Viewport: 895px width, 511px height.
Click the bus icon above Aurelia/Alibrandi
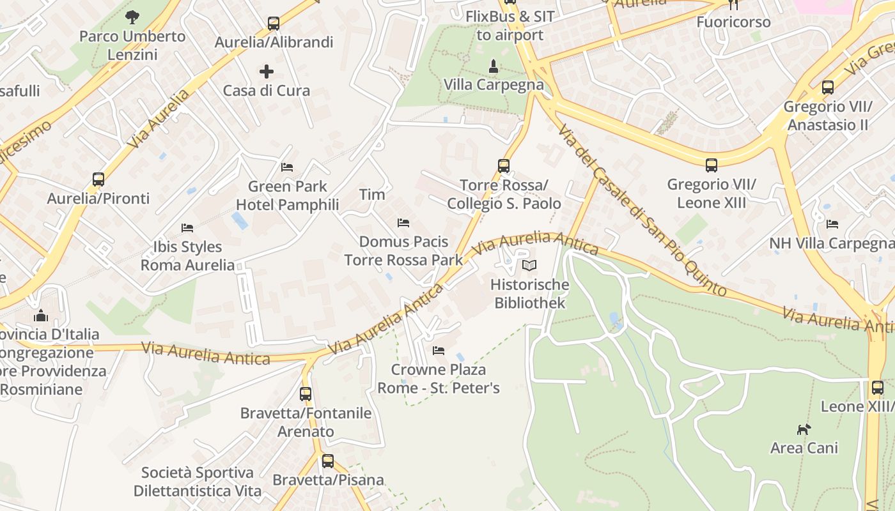coord(274,24)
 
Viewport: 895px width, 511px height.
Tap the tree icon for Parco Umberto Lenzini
coord(132,17)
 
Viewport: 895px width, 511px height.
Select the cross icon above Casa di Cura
coord(267,72)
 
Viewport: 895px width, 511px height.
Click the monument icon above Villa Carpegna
coord(494,66)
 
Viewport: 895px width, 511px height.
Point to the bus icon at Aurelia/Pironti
coord(98,179)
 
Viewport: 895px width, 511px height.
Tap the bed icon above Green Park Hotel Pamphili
coord(287,167)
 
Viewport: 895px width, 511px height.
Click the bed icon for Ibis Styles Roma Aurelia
coord(187,228)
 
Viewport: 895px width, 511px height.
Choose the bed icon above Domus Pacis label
coord(403,223)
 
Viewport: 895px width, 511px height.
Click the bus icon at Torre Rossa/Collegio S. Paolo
coord(504,166)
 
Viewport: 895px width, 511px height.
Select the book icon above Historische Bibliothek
coord(529,266)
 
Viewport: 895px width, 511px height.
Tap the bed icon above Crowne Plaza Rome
coord(439,351)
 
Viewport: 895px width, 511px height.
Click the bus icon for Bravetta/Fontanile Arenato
coord(306,394)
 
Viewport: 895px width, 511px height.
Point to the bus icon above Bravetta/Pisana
coord(328,461)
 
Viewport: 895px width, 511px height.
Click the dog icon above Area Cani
coord(804,429)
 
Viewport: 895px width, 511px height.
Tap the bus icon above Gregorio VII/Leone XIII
coord(712,166)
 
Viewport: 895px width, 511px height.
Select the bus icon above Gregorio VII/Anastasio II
coord(828,88)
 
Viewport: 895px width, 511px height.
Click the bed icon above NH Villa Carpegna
coord(832,224)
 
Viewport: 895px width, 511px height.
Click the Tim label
coord(372,195)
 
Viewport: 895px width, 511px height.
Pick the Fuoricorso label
coord(733,22)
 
